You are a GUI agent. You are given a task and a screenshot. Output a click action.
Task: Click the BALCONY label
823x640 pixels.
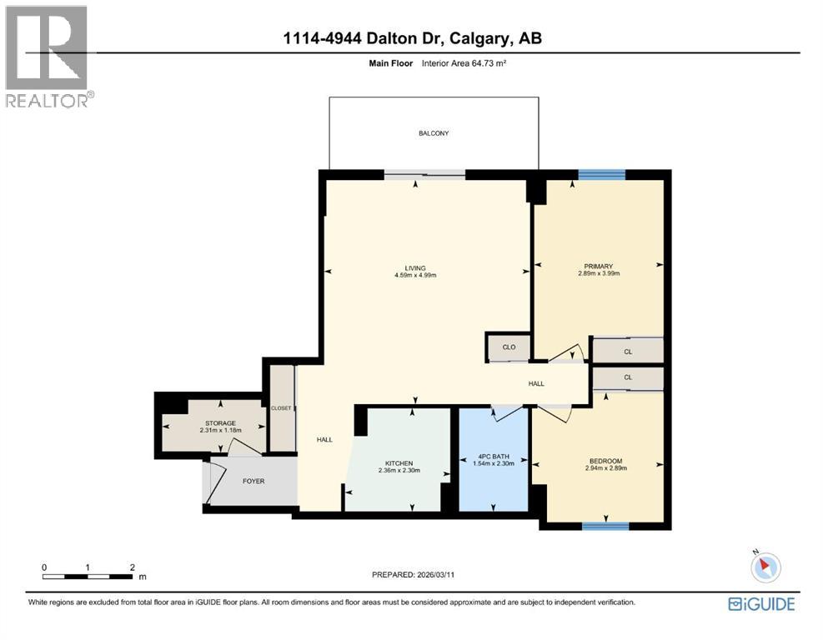point(434,133)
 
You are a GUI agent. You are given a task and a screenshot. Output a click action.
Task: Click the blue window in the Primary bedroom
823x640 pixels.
point(601,174)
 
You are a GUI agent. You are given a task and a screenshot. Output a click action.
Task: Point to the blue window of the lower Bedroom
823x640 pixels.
point(605,525)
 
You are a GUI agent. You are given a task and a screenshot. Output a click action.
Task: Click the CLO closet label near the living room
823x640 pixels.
point(509,347)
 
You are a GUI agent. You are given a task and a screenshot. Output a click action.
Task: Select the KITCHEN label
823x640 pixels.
point(399,463)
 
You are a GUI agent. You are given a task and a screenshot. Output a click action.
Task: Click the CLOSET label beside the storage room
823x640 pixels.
point(281,407)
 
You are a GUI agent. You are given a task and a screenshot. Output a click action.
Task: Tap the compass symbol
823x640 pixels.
point(765,567)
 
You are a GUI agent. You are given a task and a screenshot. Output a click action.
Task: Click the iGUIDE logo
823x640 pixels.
point(760,604)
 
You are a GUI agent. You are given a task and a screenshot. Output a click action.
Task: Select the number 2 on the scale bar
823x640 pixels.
point(132,567)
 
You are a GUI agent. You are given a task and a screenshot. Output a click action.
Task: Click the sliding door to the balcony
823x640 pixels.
point(424,174)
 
